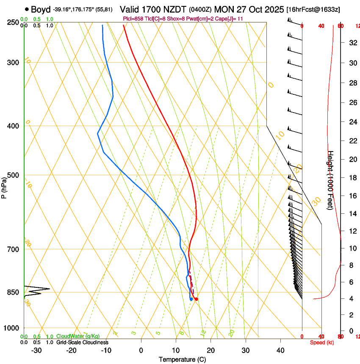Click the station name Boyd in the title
41,9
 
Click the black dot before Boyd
27,9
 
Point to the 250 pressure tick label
13,22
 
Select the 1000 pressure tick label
12,328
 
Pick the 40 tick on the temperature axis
280,350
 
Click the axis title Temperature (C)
182,359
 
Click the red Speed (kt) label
322,342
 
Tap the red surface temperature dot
196,299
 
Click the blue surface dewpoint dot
191,299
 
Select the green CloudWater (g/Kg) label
78,336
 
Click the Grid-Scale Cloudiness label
82,342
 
